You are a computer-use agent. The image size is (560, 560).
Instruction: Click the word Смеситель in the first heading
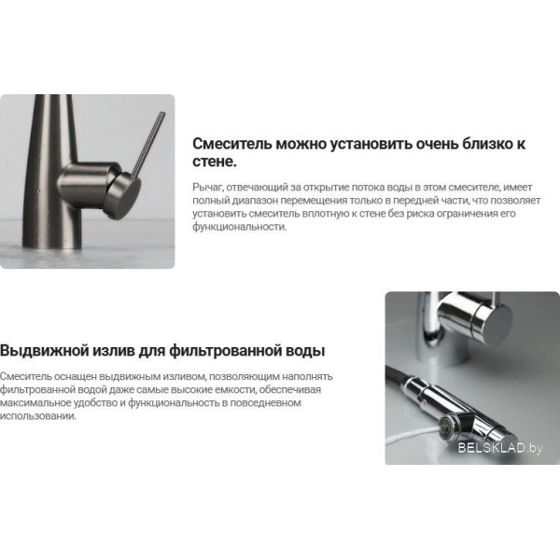coord(232,144)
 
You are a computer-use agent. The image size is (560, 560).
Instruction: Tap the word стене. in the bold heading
coord(215,162)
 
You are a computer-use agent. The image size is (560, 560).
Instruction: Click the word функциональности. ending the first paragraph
coord(240,227)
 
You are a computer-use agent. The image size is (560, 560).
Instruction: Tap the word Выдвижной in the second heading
coord(44,351)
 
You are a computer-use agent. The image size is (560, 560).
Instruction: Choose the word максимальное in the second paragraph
coord(35,403)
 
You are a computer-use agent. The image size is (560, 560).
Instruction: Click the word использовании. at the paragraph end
coord(38,416)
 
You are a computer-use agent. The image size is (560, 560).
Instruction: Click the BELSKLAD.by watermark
coord(500,447)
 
